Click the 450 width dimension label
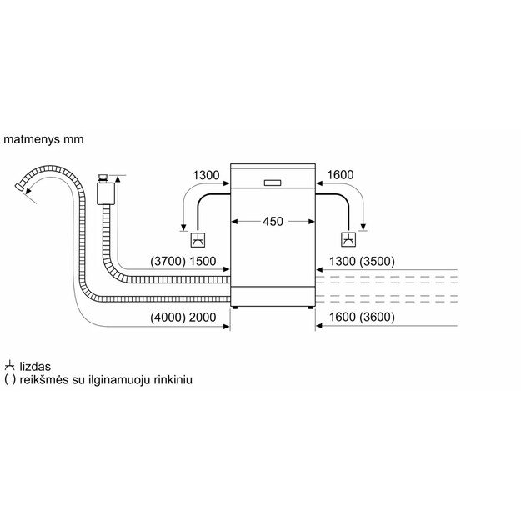click(273, 221)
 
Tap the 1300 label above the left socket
click(206, 175)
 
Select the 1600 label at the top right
click(340, 175)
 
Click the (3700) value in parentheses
click(168, 261)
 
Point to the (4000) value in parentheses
click(168, 318)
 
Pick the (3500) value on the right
click(377, 261)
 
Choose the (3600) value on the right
click(377, 317)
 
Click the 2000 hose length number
click(203, 318)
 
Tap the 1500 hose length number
click(203, 261)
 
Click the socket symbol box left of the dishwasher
click(198, 240)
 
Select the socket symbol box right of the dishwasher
click(348, 239)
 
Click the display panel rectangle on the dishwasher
click(273, 183)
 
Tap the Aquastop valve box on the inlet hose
click(106, 193)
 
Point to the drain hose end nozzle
click(20, 187)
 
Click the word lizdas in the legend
click(35, 367)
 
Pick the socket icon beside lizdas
click(10, 365)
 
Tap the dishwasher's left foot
click(235, 308)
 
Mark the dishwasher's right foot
click(311, 308)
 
